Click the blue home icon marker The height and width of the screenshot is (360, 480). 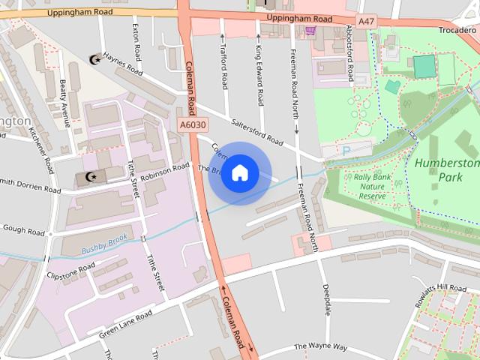pos(239,173)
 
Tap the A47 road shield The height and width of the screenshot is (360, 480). pos(366,22)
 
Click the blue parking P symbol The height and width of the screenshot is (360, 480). pos(346,151)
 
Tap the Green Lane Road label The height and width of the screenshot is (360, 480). pos(126,322)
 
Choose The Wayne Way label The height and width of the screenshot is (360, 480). pos(320,346)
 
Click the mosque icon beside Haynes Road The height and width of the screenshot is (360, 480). pos(94,58)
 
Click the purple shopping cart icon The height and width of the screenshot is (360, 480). pos(310,31)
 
